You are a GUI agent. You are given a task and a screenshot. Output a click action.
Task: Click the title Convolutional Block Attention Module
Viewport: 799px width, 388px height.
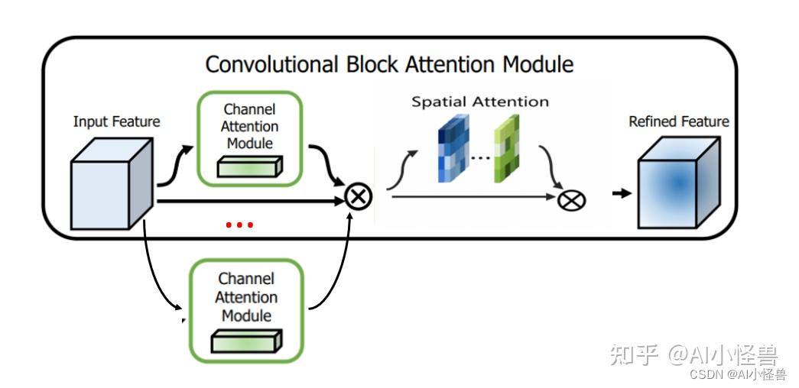tap(389, 65)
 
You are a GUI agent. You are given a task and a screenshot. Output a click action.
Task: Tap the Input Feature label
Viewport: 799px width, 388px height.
tap(117, 122)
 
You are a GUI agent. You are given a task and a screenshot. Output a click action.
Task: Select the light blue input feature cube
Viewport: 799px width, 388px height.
tap(112, 184)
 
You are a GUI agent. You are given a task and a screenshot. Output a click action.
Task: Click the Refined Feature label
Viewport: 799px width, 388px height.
tap(679, 121)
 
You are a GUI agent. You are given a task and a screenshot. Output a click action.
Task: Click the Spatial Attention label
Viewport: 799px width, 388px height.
tap(480, 102)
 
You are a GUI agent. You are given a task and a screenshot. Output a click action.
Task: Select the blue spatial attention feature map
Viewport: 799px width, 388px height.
tap(453, 148)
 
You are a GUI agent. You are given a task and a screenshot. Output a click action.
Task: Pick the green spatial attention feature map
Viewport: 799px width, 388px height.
tap(506, 148)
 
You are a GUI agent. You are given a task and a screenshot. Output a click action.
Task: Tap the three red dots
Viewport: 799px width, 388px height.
tap(239, 225)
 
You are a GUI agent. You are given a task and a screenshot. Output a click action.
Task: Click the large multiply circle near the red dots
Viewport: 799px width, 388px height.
tap(359, 196)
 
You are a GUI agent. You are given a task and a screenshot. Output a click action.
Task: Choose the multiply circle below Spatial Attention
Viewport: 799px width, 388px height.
tap(572, 200)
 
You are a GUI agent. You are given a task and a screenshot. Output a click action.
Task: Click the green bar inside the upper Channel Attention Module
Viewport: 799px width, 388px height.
tap(250, 167)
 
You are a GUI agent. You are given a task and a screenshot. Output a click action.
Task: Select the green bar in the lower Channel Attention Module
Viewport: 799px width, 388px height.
tap(247, 341)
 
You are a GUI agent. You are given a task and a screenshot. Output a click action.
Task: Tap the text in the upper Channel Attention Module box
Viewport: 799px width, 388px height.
tap(250, 126)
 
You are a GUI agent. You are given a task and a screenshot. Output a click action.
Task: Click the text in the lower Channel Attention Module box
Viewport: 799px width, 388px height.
tap(247, 297)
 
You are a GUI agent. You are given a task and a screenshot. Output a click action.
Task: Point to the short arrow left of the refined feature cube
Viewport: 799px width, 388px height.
tap(622, 193)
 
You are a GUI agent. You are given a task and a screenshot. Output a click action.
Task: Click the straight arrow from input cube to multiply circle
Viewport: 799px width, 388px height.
tap(251, 202)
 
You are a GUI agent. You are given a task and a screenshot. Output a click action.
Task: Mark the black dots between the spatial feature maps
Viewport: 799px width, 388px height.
tap(480, 158)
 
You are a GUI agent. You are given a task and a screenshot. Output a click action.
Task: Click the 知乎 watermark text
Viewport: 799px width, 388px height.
tap(635, 354)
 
